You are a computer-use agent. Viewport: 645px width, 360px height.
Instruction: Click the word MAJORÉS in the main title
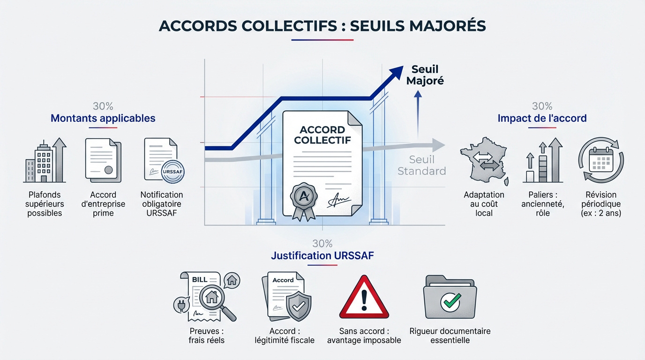[448, 26]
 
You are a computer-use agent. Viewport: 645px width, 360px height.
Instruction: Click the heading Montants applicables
[103, 118]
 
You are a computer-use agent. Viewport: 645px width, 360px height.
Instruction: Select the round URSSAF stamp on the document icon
[172, 172]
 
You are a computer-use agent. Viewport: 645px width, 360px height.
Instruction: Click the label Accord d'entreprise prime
[103, 204]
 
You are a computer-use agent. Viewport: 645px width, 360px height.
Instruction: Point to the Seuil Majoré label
[425, 75]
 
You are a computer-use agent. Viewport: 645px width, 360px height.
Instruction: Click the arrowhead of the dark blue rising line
[396, 73]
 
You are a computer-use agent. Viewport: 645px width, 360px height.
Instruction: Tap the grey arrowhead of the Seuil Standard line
[438, 145]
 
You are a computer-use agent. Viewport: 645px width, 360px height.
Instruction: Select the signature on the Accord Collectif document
[338, 200]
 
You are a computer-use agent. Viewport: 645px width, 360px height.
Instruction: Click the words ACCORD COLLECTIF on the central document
[322, 135]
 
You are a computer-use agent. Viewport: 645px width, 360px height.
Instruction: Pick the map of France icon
[484, 161]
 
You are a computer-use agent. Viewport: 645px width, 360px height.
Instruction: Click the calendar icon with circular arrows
[601, 160]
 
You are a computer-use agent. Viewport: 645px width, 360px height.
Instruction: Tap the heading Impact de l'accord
[542, 118]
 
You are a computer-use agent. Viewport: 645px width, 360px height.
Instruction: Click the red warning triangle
[364, 297]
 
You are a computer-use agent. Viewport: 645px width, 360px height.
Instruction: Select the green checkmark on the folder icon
[450, 301]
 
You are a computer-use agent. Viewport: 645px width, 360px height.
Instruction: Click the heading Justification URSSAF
[322, 255]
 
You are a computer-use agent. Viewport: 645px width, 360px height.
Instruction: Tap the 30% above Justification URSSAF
[322, 244]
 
